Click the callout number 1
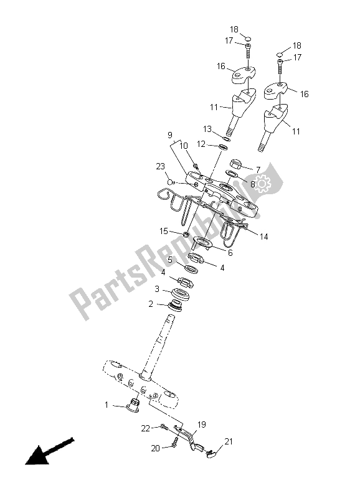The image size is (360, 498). point(107,405)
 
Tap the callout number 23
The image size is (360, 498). point(161,166)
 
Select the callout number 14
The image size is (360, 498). point(263,237)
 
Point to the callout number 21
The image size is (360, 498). point(229,441)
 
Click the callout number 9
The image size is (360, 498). point(169,135)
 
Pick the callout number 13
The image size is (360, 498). point(207,129)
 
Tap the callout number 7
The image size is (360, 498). point(258,170)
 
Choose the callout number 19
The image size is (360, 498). point(202,425)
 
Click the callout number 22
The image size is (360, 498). point(146,428)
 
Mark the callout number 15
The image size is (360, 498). point(164,231)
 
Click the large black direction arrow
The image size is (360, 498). point(50,451)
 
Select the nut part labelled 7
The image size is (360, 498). point(235,164)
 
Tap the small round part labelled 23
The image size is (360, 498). point(171,182)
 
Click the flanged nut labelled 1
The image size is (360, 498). point(134,405)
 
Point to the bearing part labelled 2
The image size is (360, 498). point(175,304)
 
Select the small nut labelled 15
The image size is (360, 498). point(185,235)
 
